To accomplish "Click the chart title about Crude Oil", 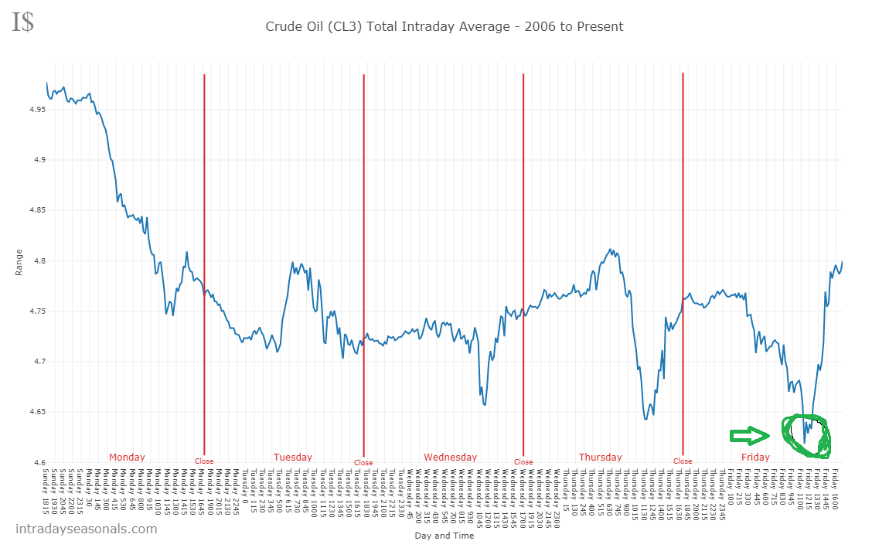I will pyautogui.click(x=444, y=26).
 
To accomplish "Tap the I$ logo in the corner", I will pyautogui.click(x=22, y=22).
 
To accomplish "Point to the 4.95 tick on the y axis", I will pyautogui.click(x=36, y=110).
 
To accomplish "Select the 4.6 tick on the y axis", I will pyautogui.click(x=38, y=462).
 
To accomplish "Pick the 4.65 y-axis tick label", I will pyautogui.click(x=36, y=412).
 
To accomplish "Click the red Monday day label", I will pyautogui.click(x=127, y=457).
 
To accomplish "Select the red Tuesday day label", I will pyautogui.click(x=293, y=457).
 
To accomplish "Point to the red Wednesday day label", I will pyautogui.click(x=451, y=457).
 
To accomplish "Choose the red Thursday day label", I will pyautogui.click(x=601, y=457).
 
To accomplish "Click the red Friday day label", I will pyautogui.click(x=755, y=457).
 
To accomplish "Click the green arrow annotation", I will pyautogui.click(x=750, y=436).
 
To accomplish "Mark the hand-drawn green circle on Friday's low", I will pyautogui.click(x=806, y=434).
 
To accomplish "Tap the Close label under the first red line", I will pyautogui.click(x=204, y=461).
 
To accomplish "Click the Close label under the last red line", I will pyautogui.click(x=683, y=461).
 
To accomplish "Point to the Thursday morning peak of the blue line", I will pyautogui.click(x=611, y=250).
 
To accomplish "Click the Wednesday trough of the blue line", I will pyautogui.click(x=485, y=404).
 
